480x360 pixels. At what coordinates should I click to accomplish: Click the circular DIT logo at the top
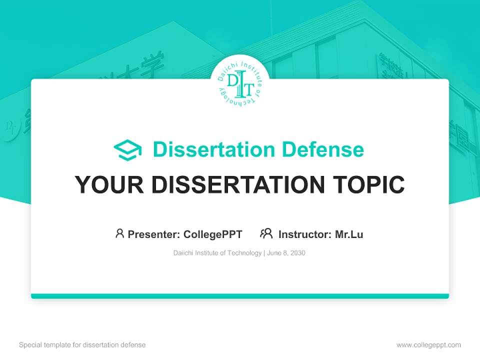tap(240, 84)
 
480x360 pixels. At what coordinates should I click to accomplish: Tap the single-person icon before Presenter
tap(119, 233)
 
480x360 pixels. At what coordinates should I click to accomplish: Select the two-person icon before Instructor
tap(266, 233)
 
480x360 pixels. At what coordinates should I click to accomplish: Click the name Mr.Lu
tap(349, 234)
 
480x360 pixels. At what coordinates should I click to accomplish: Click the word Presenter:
tap(154, 234)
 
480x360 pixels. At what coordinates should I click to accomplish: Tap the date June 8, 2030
tap(286, 253)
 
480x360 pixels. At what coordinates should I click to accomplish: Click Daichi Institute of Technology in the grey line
tap(217, 253)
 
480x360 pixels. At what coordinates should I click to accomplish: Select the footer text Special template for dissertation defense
tap(82, 345)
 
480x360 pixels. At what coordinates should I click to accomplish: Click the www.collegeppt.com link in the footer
tap(428, 345)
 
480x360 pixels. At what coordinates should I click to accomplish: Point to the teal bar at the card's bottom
tap(240, 296)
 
